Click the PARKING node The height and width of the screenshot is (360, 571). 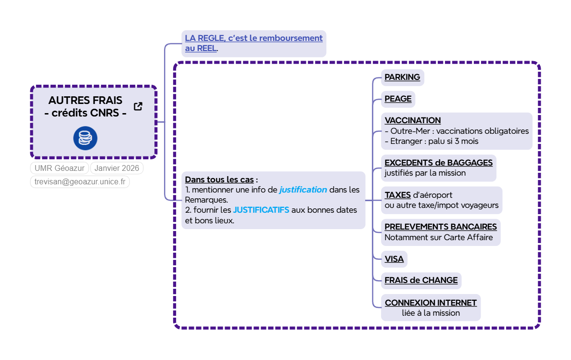[402, 77]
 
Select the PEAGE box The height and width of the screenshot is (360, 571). [398, 99]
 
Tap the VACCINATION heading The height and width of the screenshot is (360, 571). [412, 120]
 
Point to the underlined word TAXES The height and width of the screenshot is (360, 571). [397, 195]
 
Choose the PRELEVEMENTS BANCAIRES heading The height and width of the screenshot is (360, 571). [440, 227]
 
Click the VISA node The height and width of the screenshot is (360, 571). [394, 259]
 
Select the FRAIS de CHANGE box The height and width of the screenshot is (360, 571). [421, 281]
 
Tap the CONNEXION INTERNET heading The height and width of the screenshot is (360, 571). [431, 303]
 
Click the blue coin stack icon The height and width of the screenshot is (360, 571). [85, 138]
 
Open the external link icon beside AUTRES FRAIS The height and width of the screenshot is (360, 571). [138, 106]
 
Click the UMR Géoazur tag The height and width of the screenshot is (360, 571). [60, 168]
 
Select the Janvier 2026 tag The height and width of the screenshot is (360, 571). [116, 168]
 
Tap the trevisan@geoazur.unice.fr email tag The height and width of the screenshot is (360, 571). [80, 181]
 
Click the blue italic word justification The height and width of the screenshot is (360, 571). [303, 190]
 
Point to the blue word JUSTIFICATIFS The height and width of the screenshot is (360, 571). [261, 210]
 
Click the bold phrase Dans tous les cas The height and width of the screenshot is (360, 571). [219, 180]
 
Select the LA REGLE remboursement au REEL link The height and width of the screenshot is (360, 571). [254, 43]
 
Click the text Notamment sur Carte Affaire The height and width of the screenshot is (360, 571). [439, 237]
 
